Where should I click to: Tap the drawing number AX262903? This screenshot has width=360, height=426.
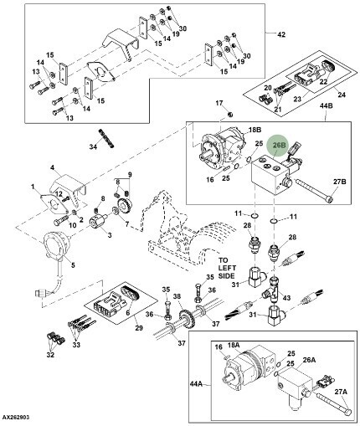pyautogui.click(x=16, y=418)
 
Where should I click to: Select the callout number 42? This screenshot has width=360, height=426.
pyautogui.click(x=281, y=34)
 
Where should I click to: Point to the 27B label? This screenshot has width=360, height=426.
pyautogui.click(x=340, y=182)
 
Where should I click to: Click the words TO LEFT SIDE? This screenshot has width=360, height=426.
pyautogui.click(x=227, y=268)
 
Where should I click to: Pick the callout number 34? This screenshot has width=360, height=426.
pyautogui.click(x=94, y=146)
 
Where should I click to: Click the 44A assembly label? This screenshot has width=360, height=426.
pyautogui.click(x=196, y=384)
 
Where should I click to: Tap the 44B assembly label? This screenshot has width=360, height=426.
pyautogui.click(x=326, y=106)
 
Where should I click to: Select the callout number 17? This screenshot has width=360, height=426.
pyautogui.click(x=219, y=103)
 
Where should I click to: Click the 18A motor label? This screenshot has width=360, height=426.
pyautogui.click(x=234, y=345)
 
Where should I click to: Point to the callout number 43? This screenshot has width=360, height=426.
pyautogui.click(x=287, y=298)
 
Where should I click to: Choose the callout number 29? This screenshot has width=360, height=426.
pyautogui.click(x=139, y=328)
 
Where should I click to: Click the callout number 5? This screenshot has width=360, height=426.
pyautogui.click(x=73, y=264)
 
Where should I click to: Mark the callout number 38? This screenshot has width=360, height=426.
pyautogui.click(x=177, y=295)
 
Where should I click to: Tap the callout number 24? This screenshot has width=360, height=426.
pyautogui.click(x=342, y=95)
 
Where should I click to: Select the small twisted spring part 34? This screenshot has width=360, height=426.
pyautogui.click(x=106, y=138)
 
